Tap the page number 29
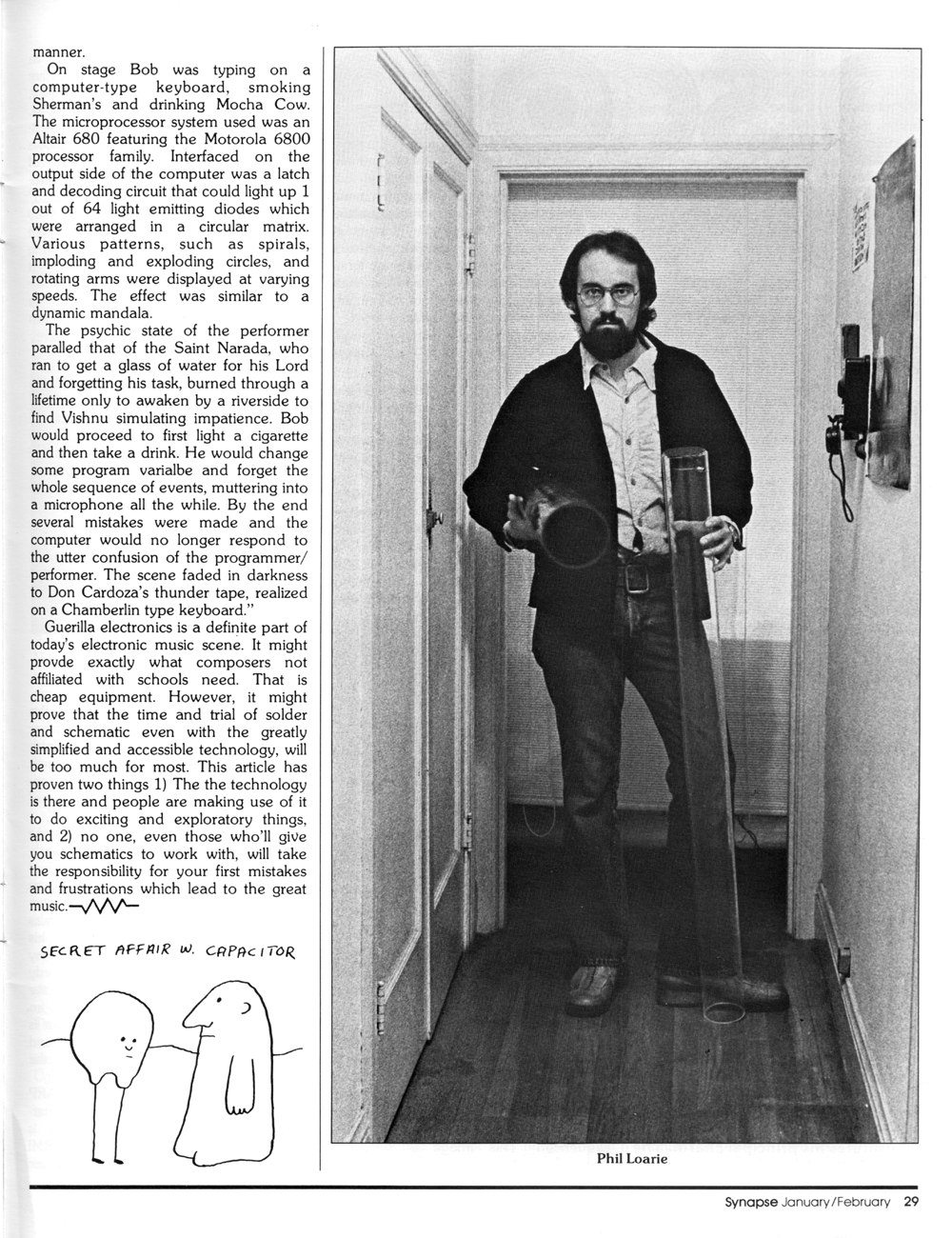point(911,1202)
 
